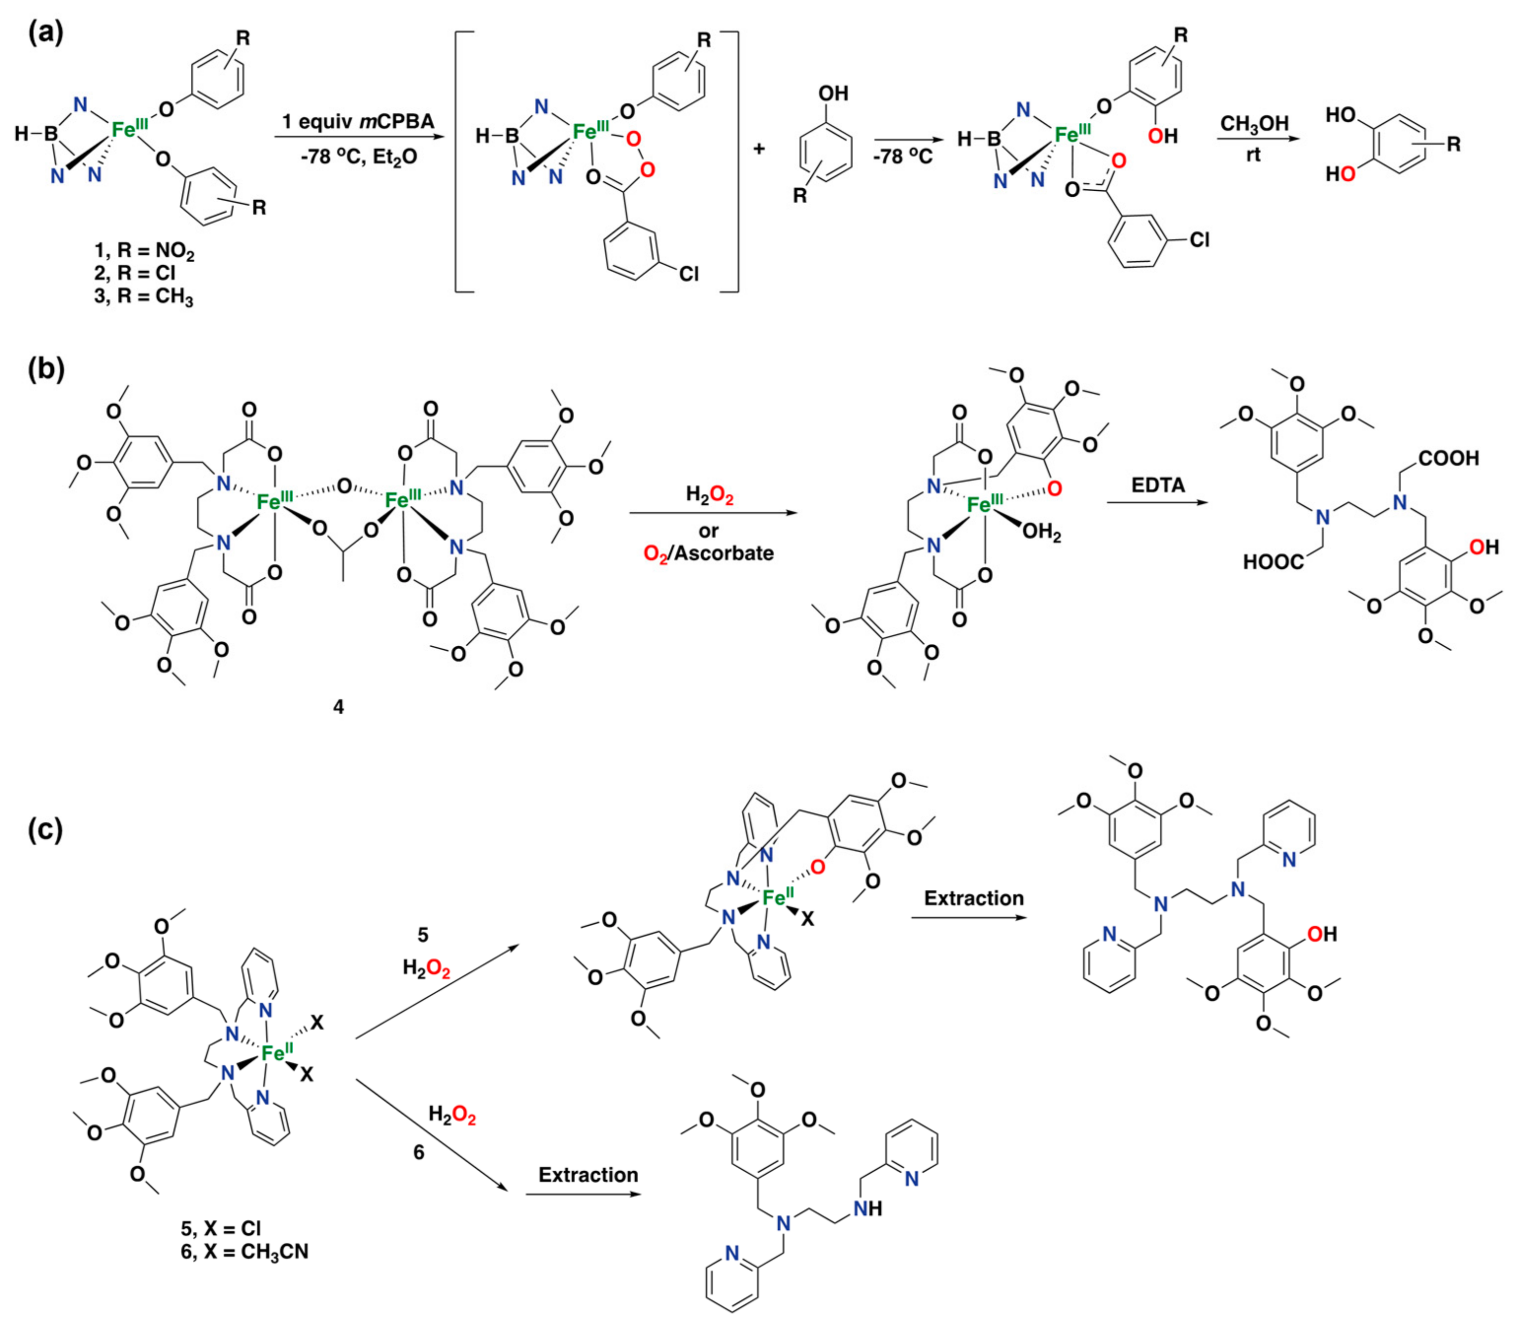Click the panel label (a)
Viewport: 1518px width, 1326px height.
[x=46, y=34]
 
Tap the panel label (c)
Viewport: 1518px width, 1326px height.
[x=46, y=830]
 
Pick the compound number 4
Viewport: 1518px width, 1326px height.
[x=338, y=707]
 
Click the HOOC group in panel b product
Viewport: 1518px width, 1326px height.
[x=1274, y=563]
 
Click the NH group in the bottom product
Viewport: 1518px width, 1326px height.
[x=867, y=1208]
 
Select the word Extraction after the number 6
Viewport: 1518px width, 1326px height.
[x=588, y=1175]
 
